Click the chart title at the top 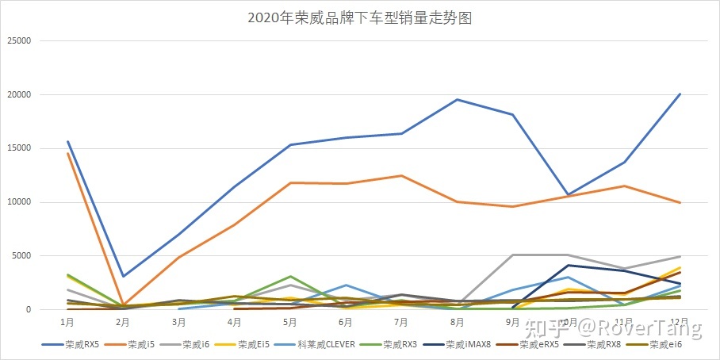point(359,17)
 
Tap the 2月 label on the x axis point(123,323)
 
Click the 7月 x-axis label point(402,323)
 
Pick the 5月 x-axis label point(290,323)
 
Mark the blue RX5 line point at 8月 point(458,99)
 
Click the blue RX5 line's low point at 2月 point(123,276)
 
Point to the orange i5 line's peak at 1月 point(68,153)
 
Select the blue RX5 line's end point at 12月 point(680,94)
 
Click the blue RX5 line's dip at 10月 point(569,194)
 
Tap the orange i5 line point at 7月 point(402,176)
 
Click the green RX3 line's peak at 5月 point(290,276)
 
